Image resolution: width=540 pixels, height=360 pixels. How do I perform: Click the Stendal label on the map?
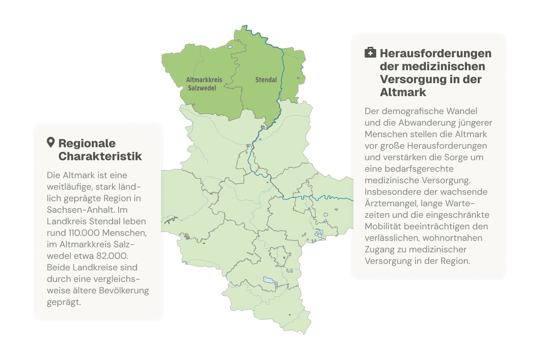pos(266,80)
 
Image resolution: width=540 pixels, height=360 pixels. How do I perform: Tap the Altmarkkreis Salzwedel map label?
pos(204,84)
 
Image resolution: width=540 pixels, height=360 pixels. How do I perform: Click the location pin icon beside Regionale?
pos(51,143)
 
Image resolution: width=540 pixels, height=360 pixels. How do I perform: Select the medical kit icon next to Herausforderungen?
pos(370,53)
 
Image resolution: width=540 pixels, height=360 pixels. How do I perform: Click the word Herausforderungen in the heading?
pos(436,53)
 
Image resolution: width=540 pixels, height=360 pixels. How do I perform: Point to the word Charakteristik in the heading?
pos(100,156)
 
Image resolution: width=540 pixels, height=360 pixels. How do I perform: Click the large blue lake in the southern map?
pos(268,280)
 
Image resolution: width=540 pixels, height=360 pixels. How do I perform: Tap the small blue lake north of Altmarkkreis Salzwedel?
pos(230,47)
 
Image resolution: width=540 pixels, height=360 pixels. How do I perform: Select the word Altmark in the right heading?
pos(403,92)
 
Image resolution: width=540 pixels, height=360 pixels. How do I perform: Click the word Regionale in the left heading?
pos(87,143)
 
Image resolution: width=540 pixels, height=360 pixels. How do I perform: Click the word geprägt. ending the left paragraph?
pos(64,302)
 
